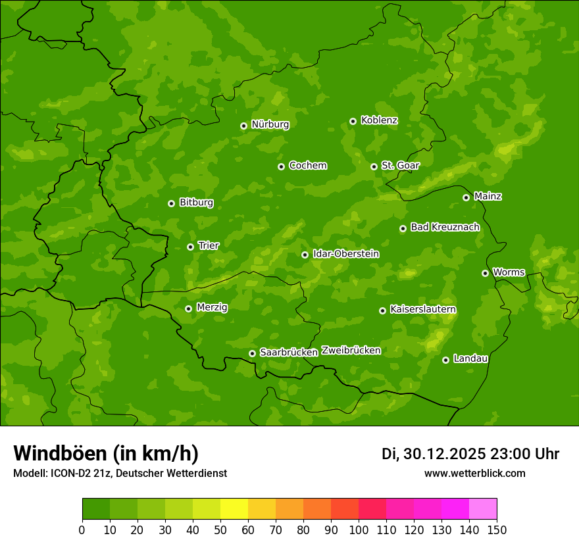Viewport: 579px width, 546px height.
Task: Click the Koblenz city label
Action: pos(379,120)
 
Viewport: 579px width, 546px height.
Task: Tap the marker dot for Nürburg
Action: pos(243,126)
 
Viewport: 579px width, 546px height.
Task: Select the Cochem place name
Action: pos(307,166)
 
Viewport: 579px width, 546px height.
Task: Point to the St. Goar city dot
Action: pos(374,166)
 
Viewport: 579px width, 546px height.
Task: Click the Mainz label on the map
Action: pos(488,197)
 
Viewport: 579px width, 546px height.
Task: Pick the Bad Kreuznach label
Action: pos(445,228)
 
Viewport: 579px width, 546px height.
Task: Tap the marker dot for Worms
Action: pos(485,273)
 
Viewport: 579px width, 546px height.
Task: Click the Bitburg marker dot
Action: pos(171,203)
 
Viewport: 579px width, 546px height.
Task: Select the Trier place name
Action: pos(209,246)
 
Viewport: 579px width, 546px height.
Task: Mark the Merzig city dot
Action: pos(188,309)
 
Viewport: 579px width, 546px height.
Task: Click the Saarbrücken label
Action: pos(289,353)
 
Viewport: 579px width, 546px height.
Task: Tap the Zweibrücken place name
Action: pos(351,351)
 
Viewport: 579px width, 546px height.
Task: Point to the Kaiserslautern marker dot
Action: pos(382,310)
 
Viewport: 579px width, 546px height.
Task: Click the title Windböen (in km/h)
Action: pos(106,453)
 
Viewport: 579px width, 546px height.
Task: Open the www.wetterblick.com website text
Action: pos(474,474)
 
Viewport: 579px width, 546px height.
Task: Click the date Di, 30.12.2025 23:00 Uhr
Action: pos(470,454)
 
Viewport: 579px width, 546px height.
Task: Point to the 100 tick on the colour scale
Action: pos(359,530)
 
